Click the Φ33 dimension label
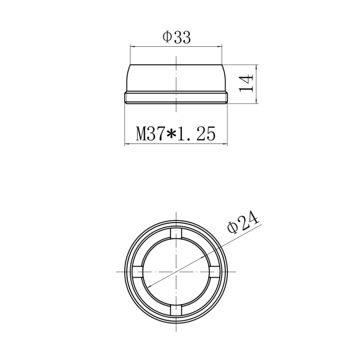pos(176,38)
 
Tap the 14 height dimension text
pos(246,83)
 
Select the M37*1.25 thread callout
pos(176,133)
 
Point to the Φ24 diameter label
pos(244,221)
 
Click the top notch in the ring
pos(176,233)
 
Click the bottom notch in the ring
pos(176,310)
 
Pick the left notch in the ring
pos(138,272)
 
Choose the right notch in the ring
pos(214,272)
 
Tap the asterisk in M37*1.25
pos(171,134)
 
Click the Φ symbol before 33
pos(167,37)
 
